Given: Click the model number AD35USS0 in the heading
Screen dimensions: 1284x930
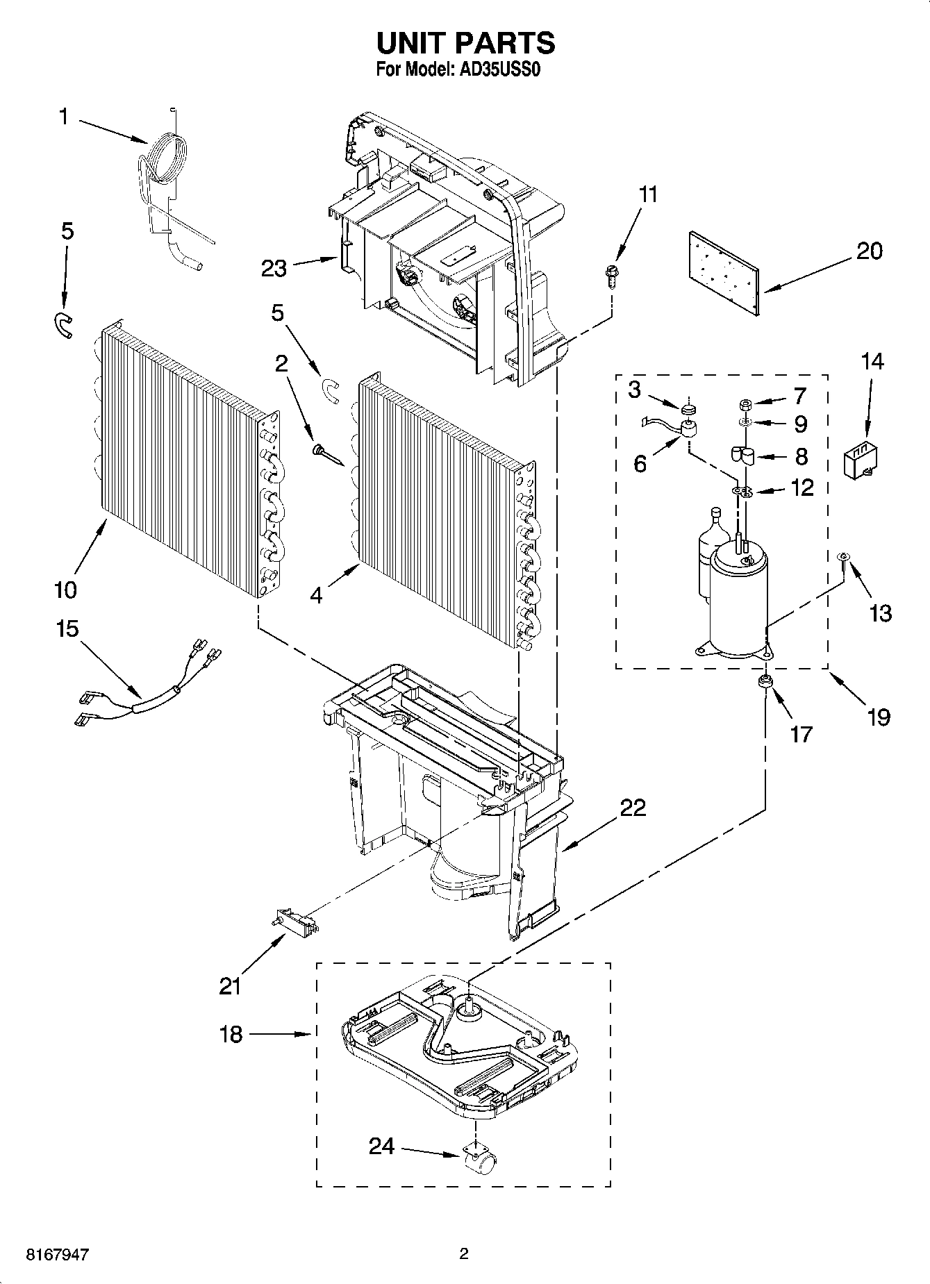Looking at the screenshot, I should click(497, 69).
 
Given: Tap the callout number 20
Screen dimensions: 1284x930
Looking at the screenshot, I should click(868, 251).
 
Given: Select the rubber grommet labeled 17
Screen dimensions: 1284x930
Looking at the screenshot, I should click(766, 683).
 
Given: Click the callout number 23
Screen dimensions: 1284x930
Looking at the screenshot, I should click(274, 268).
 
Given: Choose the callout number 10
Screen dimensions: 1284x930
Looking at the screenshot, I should click(65, 590).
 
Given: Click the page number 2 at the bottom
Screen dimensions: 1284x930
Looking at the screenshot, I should click(464, 1253).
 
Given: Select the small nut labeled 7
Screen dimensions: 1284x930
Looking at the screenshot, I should click(744, 403).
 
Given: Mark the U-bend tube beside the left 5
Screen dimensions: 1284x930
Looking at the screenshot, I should click(62, 324).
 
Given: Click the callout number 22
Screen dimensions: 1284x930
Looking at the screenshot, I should click(633, 807).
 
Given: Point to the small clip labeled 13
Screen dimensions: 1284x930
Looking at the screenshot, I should click(842, 557).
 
